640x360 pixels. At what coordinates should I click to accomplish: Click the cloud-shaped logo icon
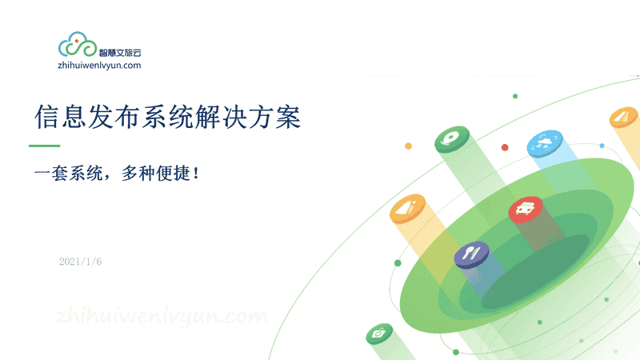coord(77,45)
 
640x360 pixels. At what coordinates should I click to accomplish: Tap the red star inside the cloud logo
coord(76,41)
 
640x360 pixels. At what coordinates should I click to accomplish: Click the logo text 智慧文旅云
coord(120,53)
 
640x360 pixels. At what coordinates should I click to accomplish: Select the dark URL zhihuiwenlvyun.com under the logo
coord(99,66)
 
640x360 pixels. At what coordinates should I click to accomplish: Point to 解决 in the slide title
coord(221,117)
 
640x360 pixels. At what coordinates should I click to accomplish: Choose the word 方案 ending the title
coord(274,117)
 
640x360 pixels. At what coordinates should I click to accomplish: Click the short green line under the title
coord(45,146)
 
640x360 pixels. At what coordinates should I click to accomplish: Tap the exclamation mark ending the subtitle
coord(196,173)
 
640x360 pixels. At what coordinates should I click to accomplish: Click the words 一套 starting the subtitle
coord(50,173)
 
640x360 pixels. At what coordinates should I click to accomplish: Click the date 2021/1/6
coord(81,262)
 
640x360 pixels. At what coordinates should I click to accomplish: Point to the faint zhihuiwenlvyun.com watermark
coord(162,316)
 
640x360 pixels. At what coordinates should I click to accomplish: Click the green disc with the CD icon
coord(452,139)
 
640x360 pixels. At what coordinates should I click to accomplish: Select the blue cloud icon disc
coord(545,143)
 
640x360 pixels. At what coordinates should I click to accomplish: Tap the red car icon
coord(526,209)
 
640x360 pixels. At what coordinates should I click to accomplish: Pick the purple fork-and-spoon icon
coord(472,254)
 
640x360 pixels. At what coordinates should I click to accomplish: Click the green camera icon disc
coord(379,334)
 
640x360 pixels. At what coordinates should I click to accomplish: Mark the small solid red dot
coord(505,147)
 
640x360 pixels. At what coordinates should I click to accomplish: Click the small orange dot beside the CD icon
coord(408,146)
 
